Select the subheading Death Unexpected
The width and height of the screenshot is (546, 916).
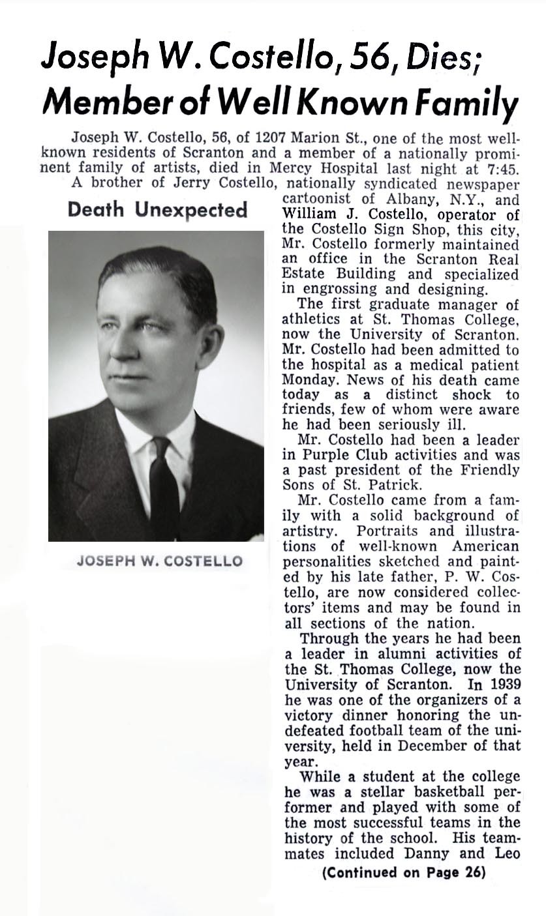pyautogui.click(x=158, y=210)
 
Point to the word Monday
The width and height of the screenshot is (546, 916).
pyautogui.click(x=306, y=379)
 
